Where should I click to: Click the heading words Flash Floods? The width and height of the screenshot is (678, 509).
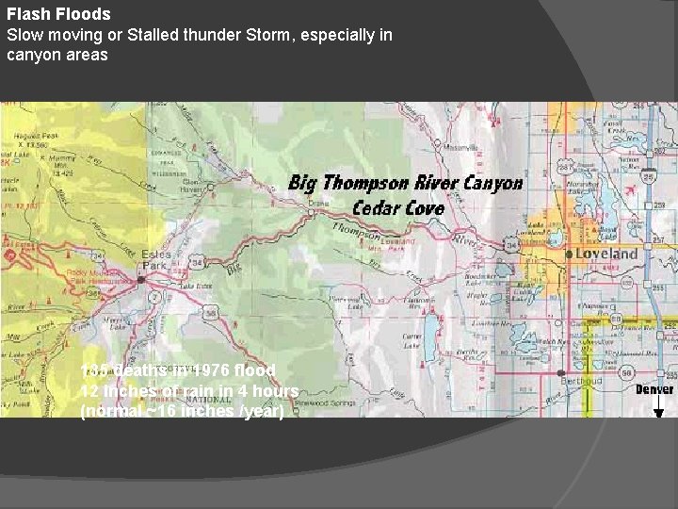click(58, 14)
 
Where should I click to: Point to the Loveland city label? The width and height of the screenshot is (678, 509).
click(606, 254)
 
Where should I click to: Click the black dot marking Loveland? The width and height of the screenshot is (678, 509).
click(569, 254)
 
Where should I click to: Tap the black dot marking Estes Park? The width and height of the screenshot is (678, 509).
click(140, 280)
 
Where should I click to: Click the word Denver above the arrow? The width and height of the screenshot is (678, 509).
click(654, 389)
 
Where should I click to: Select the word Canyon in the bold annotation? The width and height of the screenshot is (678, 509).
click(492, 182)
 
